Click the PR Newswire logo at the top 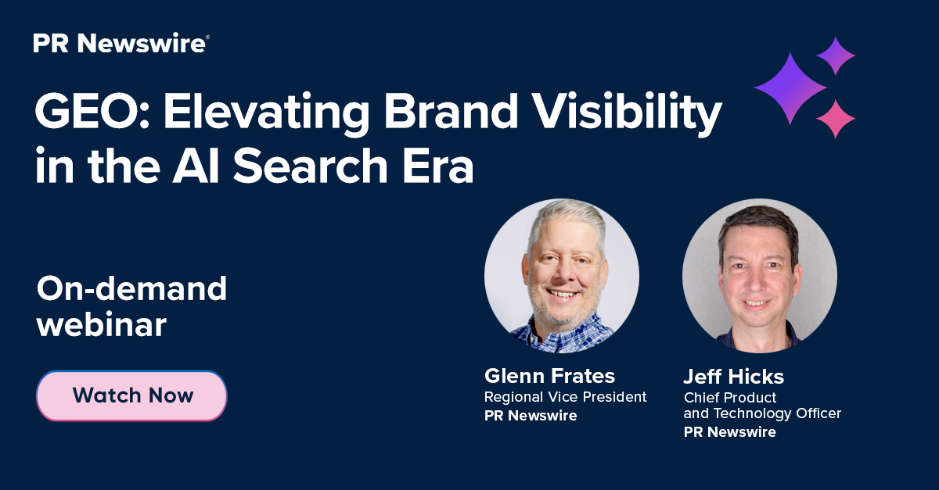[x=121, y=44]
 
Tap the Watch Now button [x=132, y=395]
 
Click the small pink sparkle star [x=836, y=119]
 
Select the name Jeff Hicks [x=734, y=377]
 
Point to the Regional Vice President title [x=565, y=397]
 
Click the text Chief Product [x=729, y=398]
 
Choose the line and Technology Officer [x=762, y=414]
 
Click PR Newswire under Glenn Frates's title [x=531, y=416]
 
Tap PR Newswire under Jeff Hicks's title [x=730, y=432]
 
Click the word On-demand [x=131, y=289]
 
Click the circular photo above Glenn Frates [x=561, y=275]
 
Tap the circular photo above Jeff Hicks [x=759, y=275]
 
